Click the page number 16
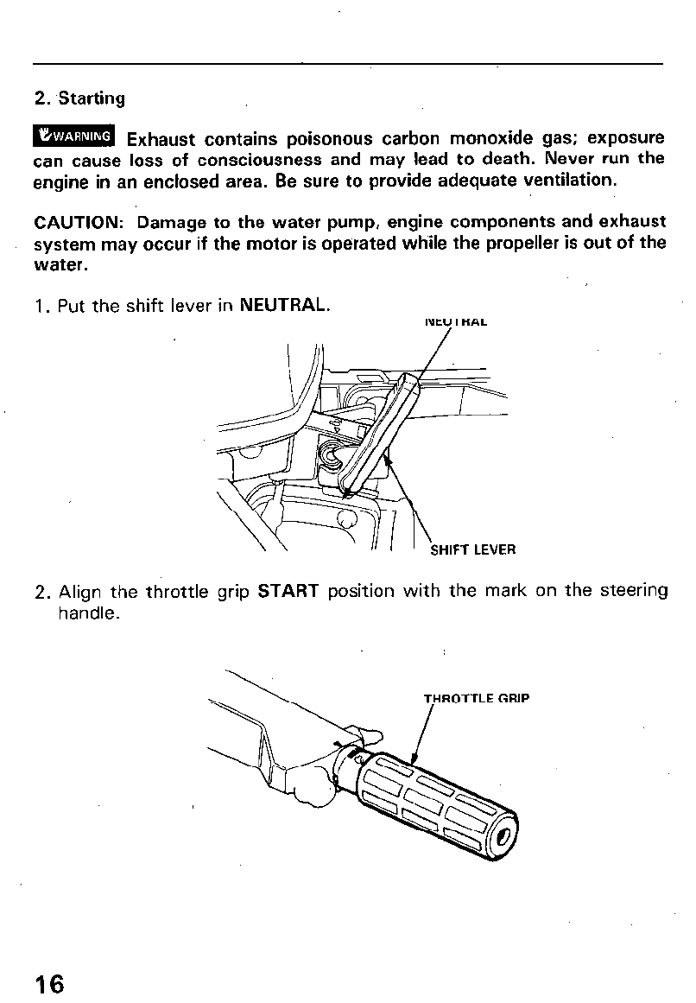click(49, 984)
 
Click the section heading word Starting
click(92, 98)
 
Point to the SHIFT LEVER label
click(472, 549)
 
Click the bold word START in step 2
click(289, 592)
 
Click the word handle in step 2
click(85, 613)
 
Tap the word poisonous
click(329, 138)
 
